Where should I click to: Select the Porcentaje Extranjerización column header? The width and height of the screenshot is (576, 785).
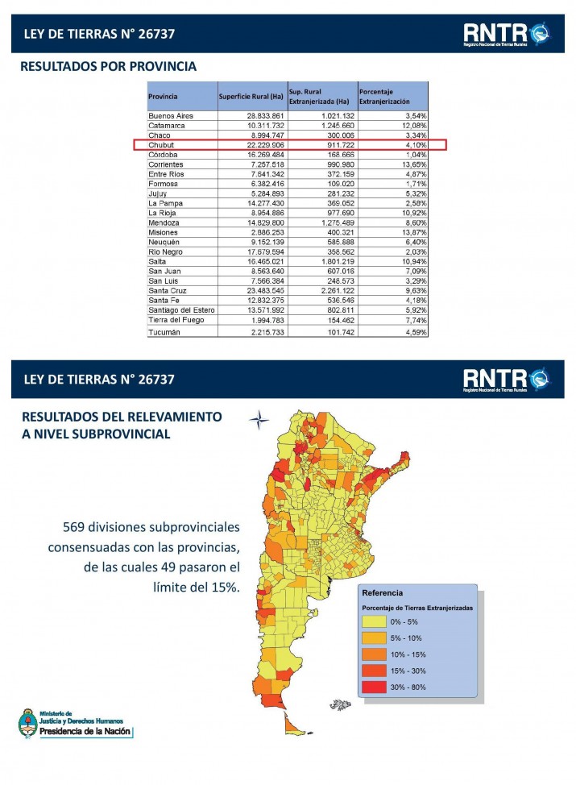tap(384, 97)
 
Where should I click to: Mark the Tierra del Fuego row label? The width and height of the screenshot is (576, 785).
tap(176, 320)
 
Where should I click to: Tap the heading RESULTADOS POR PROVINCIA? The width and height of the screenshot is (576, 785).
tap(108, 66)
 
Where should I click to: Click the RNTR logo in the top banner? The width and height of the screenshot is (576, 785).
tap(505, 33)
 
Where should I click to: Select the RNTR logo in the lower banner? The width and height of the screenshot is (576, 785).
tap(505, 378)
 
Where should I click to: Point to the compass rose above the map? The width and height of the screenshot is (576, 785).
tap(259, 418)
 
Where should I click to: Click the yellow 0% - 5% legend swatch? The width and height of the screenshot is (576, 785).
tap(373, 622)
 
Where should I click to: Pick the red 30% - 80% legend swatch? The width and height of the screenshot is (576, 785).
tap(373, 687)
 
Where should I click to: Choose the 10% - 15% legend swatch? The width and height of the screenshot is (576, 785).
tap(373, 654)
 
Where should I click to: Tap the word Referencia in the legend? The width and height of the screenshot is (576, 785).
tap(383, 592)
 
